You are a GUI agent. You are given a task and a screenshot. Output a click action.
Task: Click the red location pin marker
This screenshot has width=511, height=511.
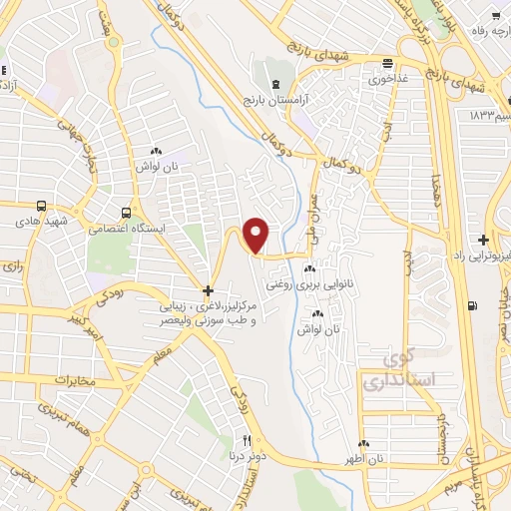(x=256, y=235)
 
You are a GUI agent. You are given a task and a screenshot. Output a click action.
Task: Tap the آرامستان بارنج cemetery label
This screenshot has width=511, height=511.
(x=273, y=101)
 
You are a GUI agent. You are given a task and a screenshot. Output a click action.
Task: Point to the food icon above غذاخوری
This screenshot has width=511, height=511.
(x=380, y=59)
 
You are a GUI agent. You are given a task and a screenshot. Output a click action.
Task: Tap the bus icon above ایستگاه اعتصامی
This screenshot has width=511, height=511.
(x=126, y=213)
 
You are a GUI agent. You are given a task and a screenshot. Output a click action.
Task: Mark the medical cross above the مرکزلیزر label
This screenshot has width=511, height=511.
(x=208, y=292)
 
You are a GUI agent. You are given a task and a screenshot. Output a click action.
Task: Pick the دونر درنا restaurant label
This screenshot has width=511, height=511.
(x=247, y=456)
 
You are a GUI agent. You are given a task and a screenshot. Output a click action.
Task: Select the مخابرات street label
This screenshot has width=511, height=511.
(x=41, y=380)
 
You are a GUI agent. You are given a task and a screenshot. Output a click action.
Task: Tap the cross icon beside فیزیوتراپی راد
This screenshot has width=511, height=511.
(x=482, y=241)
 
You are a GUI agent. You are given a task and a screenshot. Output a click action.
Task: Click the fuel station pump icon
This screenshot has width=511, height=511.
(x=472, y=306)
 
